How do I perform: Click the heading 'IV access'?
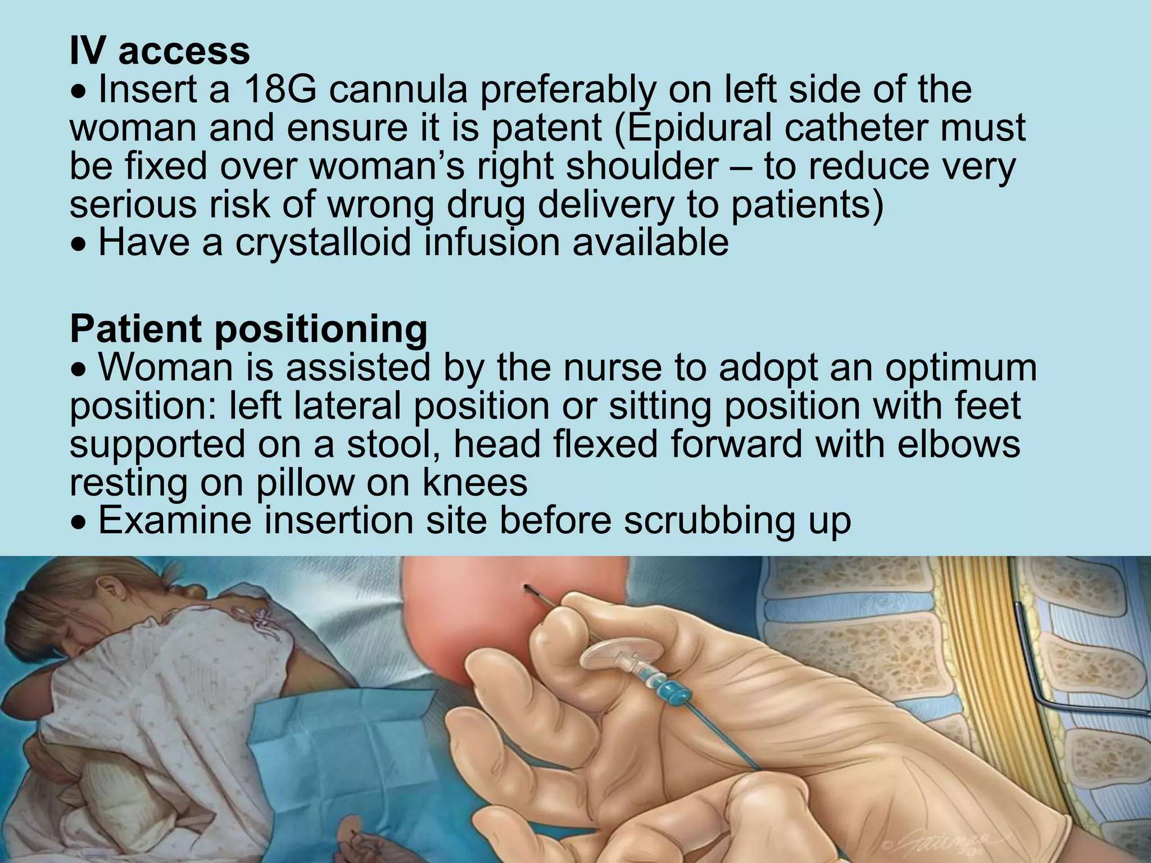[160, 51]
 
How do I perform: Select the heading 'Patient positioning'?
[248, 329]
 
